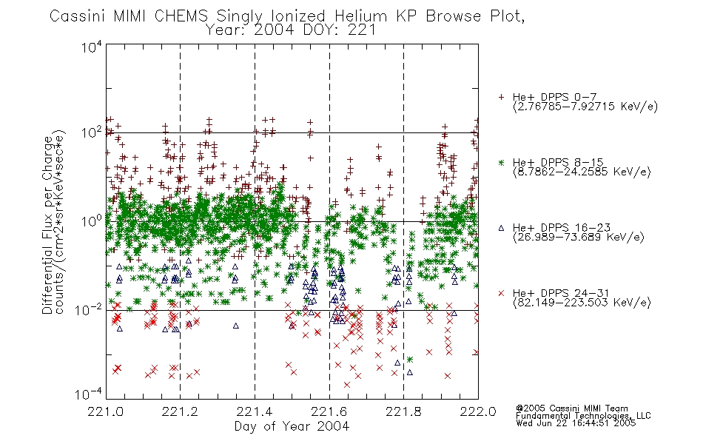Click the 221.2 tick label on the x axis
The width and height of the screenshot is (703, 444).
pyautogui.click(x=181, y=411)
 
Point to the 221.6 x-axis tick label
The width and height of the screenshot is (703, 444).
pyautogui.click(x=329, y=411)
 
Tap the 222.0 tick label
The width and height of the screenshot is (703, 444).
pyautogui.click(x=478, y=411)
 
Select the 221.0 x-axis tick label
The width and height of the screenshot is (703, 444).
pyautogui.click(x=106, y=411)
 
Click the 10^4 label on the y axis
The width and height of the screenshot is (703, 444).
pyautogui.click(x=92, y=47)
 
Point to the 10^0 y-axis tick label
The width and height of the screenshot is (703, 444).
pyautogui.click(x=92, y=221)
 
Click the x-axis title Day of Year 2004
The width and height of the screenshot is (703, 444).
pyautogui.click(x=292, y=426)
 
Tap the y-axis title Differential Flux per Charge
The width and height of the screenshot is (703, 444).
pyautogui.click(x=47, y=225)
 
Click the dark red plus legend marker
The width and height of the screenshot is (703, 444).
pyautogui.click(x=501, y=97)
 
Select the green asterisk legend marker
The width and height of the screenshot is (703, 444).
pyautogui.click(x=501, y=162)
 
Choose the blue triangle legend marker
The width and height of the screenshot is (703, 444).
pyautogui.click(x=501, y=228)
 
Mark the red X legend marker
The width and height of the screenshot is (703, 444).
pyautogui.click(x=501, y=293)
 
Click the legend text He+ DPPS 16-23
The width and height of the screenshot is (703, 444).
pyautogui.click(x=562, y=228)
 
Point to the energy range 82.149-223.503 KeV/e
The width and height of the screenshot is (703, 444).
pyautogui.click(x=582, y=303)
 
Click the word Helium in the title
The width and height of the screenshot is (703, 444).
pyautogui.click(x=360, y=16)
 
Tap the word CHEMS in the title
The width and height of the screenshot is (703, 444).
pyautogui.click(x=181, y=16)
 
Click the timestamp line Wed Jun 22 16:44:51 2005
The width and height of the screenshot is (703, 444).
pyautogui.click(x=576, y=423)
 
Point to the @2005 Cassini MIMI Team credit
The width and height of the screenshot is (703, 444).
pyautogui.click(x=571, y=408)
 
